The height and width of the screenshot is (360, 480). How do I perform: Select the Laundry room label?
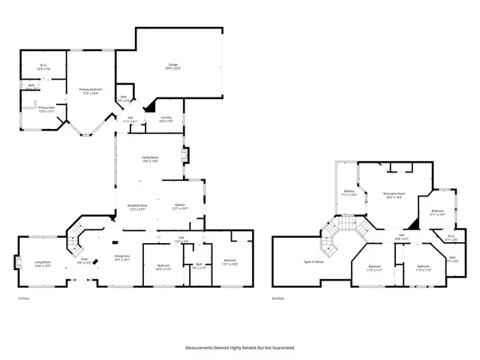point(166,118)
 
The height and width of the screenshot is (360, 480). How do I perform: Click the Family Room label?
point(150,158)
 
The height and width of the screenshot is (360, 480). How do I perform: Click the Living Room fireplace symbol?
point(17,262)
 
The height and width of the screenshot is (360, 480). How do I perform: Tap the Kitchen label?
point(180,206)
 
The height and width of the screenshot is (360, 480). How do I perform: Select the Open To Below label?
point(313,262)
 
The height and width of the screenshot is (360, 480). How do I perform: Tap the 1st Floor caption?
point(24,298)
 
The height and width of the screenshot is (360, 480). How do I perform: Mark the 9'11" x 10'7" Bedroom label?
point(437,212)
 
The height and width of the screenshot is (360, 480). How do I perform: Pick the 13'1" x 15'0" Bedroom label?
point(229,263)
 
